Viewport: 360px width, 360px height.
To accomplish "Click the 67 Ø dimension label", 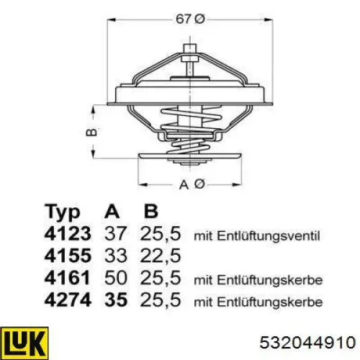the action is [190, 19].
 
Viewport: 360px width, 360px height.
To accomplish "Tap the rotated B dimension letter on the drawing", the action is [91, 132].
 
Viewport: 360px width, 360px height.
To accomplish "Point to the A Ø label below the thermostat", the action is [192, 184].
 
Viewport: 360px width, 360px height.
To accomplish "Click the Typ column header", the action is [63, 212].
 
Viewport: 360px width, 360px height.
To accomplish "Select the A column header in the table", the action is [112, 211].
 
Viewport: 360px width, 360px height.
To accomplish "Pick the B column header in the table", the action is [151, 211].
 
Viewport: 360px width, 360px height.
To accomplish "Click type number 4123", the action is [68, 233].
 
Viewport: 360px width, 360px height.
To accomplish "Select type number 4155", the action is [68, 256].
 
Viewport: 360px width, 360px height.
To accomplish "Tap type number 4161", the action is [67, 278].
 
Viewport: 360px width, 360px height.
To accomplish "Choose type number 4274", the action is [68, 300].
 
